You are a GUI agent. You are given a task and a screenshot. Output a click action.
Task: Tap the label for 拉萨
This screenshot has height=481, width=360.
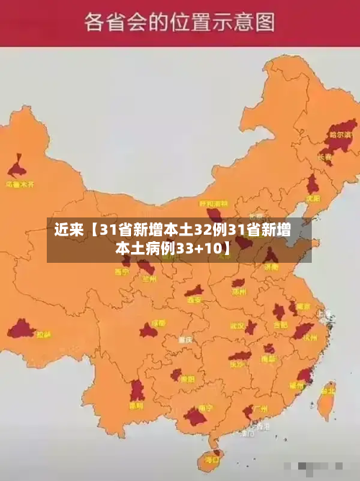tap(44, 335)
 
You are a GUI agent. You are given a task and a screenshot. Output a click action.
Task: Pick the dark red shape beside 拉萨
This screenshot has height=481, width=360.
tap(21, 330)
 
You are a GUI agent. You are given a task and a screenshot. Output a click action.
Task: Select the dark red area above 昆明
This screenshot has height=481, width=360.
tap(137, 390)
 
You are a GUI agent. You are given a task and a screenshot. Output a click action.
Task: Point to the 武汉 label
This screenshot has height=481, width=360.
tap(238, 325)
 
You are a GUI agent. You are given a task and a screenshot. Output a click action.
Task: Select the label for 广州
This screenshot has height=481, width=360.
tap(261, 408)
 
